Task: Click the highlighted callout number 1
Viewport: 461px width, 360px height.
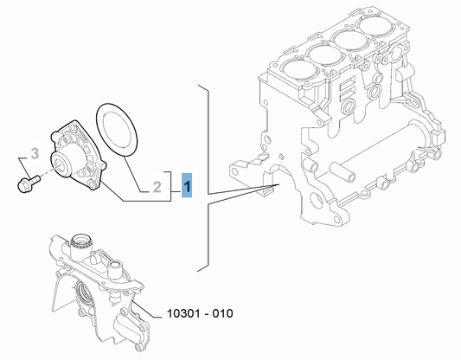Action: click(187, 185)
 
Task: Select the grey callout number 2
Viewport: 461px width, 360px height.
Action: click(157, 187)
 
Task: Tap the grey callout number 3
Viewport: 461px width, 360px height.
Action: click(35, 153)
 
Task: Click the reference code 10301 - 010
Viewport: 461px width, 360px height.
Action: click(200, 313)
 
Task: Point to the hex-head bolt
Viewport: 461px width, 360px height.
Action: click(29, 183)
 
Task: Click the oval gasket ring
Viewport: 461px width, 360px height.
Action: click(117, 130)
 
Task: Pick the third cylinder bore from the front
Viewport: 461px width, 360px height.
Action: click(351, 39)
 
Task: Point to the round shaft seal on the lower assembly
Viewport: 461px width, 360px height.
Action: click(85, 292)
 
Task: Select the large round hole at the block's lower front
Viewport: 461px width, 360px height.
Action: click(317, 200)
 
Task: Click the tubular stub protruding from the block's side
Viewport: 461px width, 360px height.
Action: click(343, 171)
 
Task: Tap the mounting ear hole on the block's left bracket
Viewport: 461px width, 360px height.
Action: click(235, 170)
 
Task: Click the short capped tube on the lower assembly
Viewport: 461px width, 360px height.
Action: click(115, 270)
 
